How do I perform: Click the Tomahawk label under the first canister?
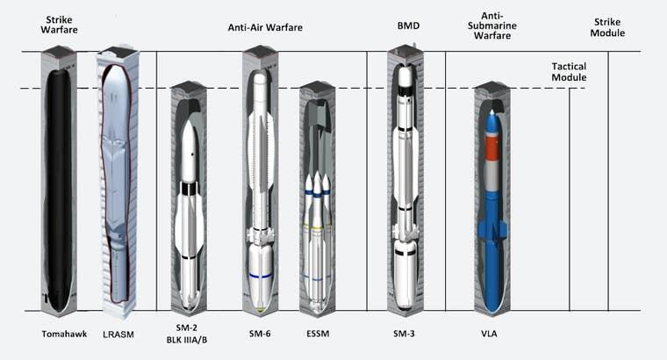tap(60, 335)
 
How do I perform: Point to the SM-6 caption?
tap(260, 335)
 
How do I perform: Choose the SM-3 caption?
tap(405, 335)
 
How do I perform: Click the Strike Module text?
tap(609, 27)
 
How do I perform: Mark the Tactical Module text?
tap(569, 72)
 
